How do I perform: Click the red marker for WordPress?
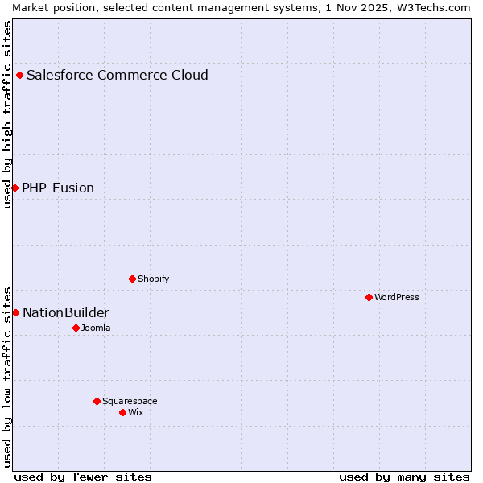[369, 297]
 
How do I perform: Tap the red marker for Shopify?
[132, 279]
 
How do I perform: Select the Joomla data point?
[76, 328]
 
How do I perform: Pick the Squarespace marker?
[97, 401]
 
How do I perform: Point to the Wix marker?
[122, 412]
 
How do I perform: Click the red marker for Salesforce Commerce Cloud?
[19, 76]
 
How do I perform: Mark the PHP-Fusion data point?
[14, 188]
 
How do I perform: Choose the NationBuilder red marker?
[15, 312]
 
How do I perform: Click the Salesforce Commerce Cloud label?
[118, 76]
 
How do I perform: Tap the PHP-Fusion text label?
[58, 188]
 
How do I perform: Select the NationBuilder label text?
[66, 313]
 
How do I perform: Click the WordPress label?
[397, 297]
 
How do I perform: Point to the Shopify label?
[153, 279]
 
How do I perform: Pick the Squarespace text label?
[130, 401]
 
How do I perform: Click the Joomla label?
[96, 328]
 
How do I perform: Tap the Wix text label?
[136, 412]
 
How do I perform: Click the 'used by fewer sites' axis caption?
[83, 477]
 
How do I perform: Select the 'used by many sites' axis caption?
[404, 477]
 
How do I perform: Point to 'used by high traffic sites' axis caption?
[7, 114]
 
